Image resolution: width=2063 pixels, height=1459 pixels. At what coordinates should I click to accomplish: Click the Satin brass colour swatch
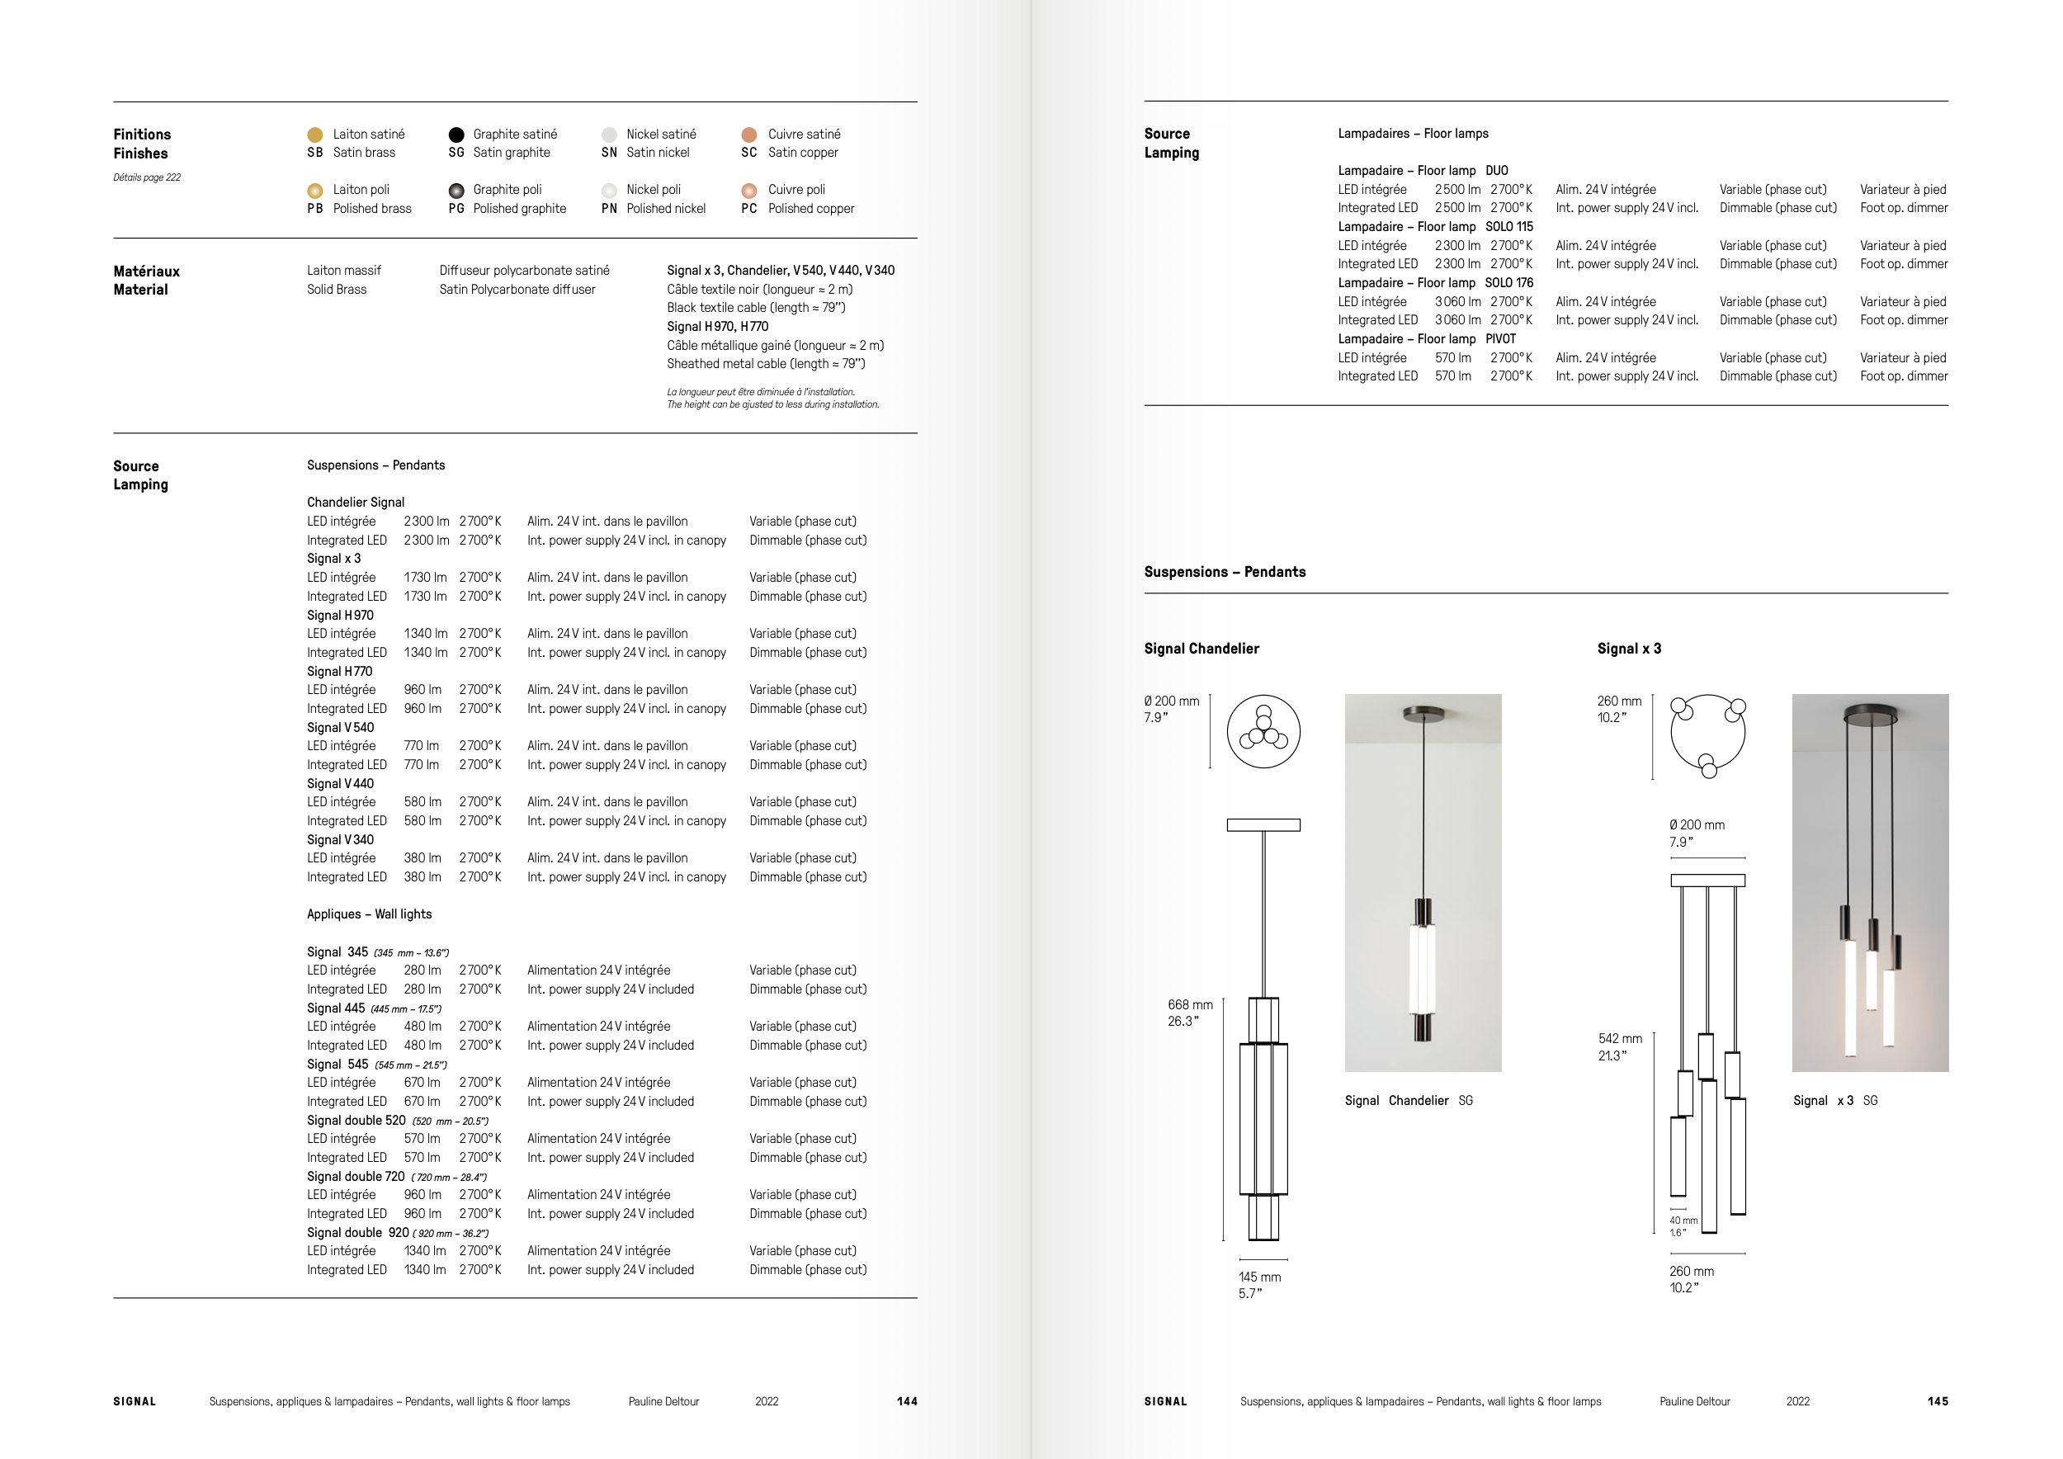pos(314,135)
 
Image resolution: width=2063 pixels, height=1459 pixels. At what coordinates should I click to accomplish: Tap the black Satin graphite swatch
pos(456,135)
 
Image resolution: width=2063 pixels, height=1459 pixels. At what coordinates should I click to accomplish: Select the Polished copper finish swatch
pos(748,191)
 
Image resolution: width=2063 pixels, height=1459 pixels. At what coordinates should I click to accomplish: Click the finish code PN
pos(609,209)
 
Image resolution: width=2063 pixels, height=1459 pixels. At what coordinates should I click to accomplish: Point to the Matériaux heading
pos(146,271)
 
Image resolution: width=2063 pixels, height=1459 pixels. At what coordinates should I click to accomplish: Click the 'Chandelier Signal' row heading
pos(356,503)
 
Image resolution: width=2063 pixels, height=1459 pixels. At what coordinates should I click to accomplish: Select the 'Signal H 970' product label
pos(340,616)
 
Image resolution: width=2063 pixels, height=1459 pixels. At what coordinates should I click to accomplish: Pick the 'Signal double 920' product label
pos(357,1233)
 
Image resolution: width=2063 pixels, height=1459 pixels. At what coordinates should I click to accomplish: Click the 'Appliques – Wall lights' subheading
pos(370,914)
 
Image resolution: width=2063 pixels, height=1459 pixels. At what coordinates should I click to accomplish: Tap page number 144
pos(907,1401)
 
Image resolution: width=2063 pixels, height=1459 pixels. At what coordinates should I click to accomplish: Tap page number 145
pos(1938,1401)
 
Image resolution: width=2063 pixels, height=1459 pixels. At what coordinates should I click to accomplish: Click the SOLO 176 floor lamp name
pos(1508,283)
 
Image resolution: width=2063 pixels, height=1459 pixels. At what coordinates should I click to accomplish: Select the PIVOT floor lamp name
pos(1500,338)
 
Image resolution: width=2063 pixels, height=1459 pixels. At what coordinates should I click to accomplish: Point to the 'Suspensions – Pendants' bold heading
pos(1225,572)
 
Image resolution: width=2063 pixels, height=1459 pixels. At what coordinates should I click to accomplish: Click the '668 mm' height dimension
pos(1190,1004)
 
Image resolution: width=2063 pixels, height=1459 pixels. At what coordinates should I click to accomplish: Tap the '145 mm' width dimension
pos(1258,1277)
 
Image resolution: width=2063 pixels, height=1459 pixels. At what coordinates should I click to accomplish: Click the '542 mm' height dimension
pos(1620,1039)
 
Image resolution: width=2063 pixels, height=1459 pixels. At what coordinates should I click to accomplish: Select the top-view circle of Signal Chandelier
pos(1263,731)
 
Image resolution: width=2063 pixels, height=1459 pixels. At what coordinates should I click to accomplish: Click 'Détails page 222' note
pos(146,178)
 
